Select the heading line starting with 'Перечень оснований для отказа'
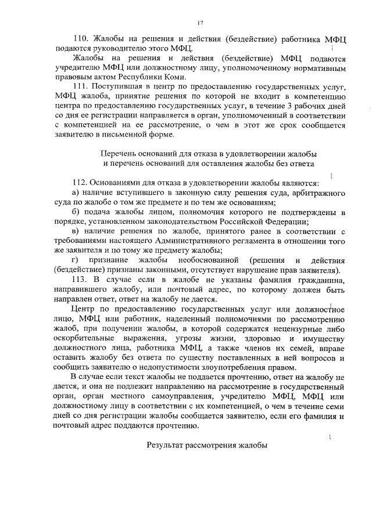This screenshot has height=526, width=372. click(x=208, y=153)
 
